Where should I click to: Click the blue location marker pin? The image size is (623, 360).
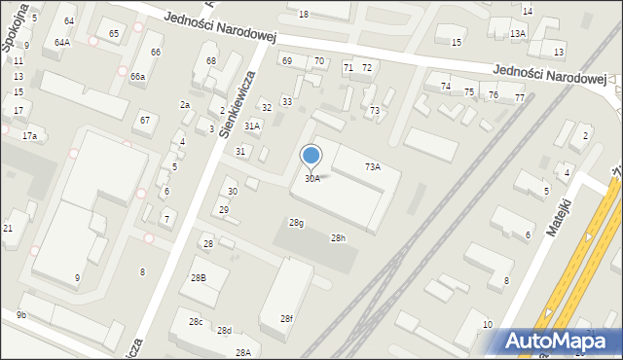pyautogui.click(x=311, y=157)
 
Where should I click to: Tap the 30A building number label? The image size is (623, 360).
pyautogui.click(x=311, y=179)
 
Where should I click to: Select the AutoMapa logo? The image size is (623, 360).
pyautogui.click(x=560, y=341)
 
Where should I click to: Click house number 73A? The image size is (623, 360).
pyautogui.click(x=373, y=167)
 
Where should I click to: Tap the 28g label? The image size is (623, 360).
pyautogui.click(x=296, y=223)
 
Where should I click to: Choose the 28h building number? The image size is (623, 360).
pyautogui.click(x=338, y=238)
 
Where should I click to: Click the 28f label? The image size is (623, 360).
pyautogui.click(x=286, y=318)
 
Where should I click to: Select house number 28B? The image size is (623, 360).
pyautogui.click(x=198, y=278)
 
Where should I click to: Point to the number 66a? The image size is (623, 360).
pyautogui.click(x=138, y=76)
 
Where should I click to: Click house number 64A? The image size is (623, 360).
pyautogui.click(x=62, y=43)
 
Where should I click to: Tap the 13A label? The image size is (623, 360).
pyautogui.click(x=518, y=34)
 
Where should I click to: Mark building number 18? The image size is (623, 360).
pyautogui.click(x=304, y=14)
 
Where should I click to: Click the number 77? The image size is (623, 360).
pyautogui.click(x=520, y=97)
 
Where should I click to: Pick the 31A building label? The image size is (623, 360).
pyautogui.click(x=252, y=126)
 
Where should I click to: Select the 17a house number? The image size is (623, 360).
pyautogui.click(x=29, y=136)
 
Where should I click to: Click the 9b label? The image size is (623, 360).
pyautogui.click(x=21, y=314)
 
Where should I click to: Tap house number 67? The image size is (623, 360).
pyautogui.click(x=145, y=120)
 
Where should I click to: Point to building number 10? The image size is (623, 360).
pyautogui.click(x=488, y=324)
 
